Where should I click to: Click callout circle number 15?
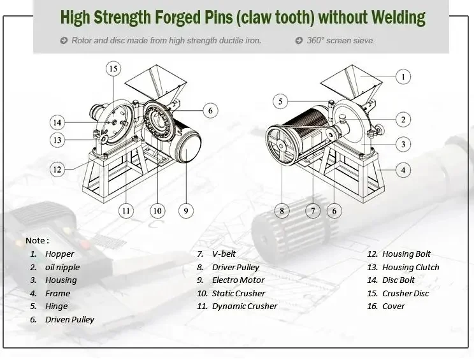(113, 68)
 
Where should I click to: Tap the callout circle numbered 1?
(403, 77)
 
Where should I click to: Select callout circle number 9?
(186, 210)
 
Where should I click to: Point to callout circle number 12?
(58, 169)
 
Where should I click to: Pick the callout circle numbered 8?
(282, 210)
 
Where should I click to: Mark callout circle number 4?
(403, 170)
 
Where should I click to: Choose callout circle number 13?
(58, 140)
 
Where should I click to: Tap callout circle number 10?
(157, 210)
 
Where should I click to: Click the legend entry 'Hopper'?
(59, 254)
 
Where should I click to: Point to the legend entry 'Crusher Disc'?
(405, 294)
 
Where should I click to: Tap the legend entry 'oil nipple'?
(62, 268)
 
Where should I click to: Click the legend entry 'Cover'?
(393, 306)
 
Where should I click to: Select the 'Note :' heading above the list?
(37, 241)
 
